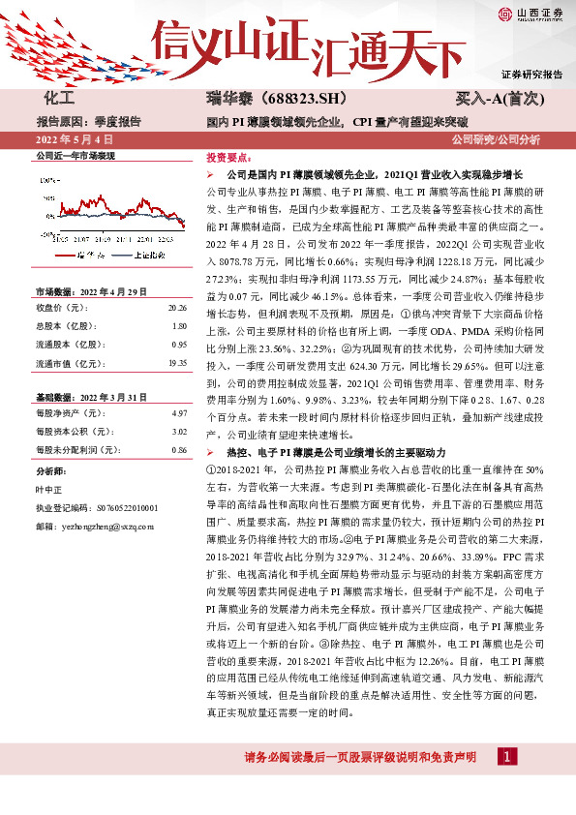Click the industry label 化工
tap(59, 99)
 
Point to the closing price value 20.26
tap(176, 308)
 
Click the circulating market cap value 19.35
tap(176, 363)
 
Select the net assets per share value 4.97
tap(179, 412)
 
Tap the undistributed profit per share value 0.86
tap(179, 450)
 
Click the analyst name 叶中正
tap(49, 488)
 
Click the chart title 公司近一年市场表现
tap(75, 155)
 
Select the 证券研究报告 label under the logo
tap(531, 74)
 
